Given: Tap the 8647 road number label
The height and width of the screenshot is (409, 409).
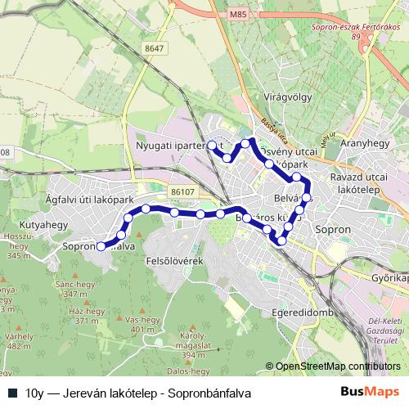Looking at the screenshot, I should click(153, 49).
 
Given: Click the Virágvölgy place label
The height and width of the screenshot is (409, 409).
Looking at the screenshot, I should click(289, 97).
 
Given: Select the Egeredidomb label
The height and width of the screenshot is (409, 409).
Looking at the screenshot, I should click(303, 313).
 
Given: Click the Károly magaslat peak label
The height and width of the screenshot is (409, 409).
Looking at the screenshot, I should click(193, 345).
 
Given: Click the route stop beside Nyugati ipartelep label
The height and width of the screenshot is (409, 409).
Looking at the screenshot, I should click(212, 145).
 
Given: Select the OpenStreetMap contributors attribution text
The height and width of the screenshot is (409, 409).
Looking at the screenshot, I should click(338, 366).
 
